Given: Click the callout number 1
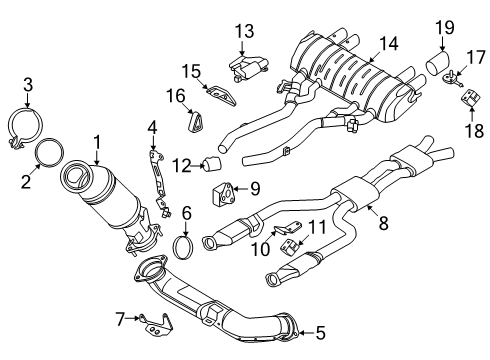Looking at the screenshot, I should tap(96, 142).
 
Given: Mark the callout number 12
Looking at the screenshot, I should tap(181, 164).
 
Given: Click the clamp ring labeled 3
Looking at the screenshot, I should tap(29, 127).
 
